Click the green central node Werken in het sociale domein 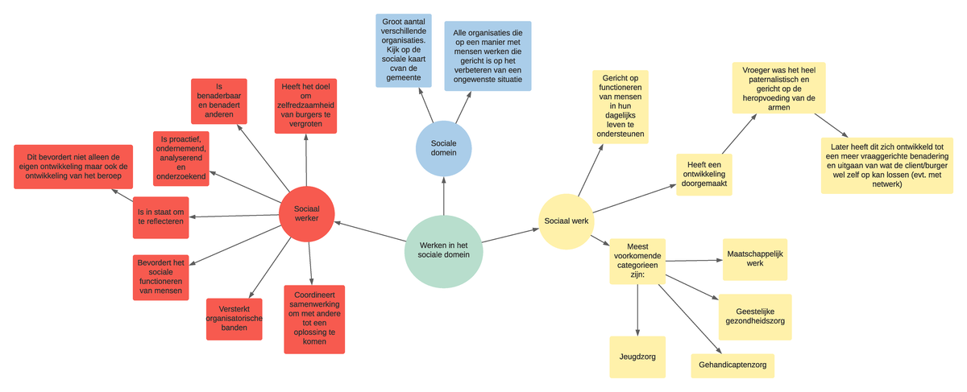coord(443,251)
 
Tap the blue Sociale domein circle coord(443,148)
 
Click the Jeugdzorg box coord(637,357)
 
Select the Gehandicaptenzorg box coord(732,365)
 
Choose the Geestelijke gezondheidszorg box coord(754,317)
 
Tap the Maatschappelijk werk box coord(754,259)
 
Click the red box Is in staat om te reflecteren coord(161,217)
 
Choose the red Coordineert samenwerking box coord(314,319)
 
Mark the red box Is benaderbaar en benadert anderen coord(218,101)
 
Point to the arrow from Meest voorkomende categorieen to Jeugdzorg coord(637,310)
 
